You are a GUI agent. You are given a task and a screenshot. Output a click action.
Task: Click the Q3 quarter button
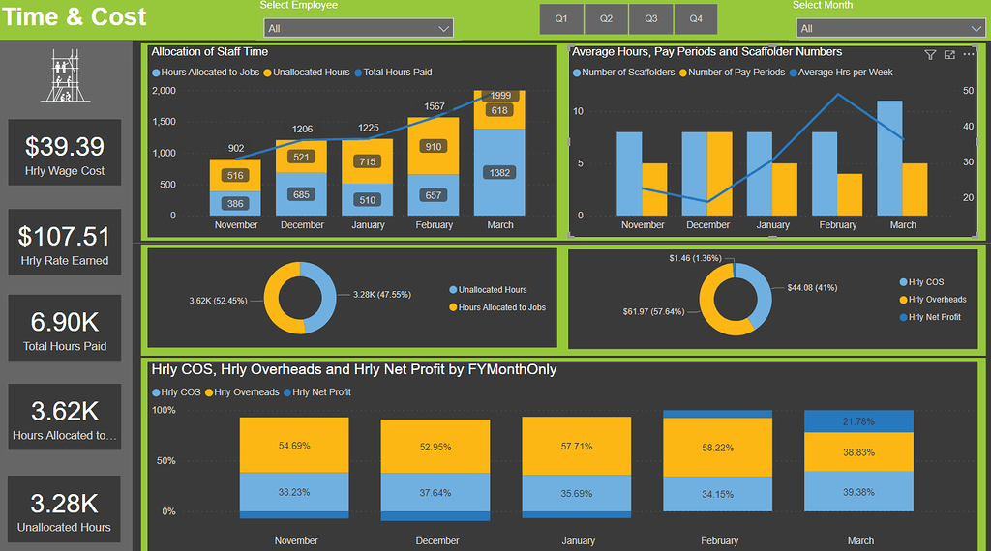[651, 19]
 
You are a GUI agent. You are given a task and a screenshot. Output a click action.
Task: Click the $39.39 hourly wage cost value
[65, 146]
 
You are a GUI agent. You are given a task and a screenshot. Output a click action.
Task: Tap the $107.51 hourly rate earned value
[65, 236]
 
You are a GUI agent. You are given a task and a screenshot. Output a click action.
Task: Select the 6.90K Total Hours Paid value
[65, 322]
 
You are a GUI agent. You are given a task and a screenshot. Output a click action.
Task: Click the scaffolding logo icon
[65, 78]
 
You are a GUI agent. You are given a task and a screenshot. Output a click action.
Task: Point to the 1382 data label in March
[499, 172]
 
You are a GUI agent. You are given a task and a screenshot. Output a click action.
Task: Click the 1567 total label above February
[434, 107]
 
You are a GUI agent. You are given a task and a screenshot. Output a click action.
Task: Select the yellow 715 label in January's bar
[368, 161]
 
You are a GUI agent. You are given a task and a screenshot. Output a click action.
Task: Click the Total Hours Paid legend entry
[397, 72]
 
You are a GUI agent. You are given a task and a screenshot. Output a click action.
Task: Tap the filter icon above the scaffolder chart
[930, 55]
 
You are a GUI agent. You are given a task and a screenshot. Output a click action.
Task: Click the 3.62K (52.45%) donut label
[223, 301]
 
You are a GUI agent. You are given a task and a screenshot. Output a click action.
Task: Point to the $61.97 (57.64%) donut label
[653, 312]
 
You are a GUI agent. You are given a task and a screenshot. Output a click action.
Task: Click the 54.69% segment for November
[294, 446]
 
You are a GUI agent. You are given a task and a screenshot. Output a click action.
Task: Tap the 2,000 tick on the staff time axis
[164, 91]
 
